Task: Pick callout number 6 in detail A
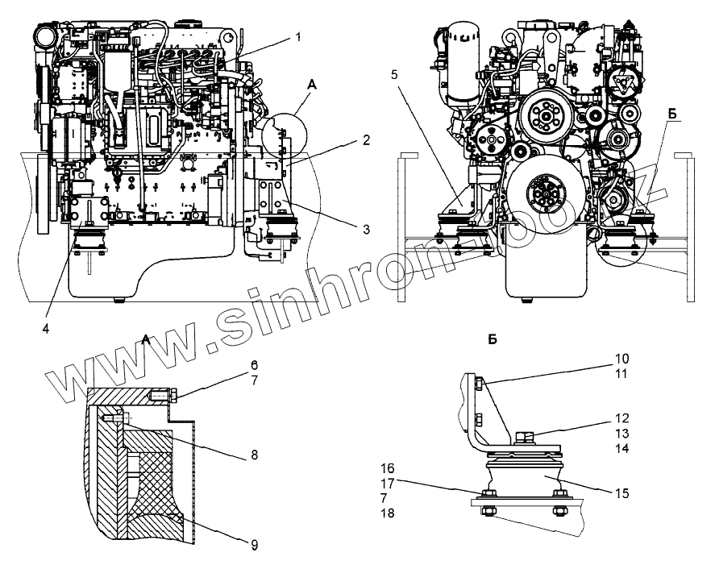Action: click(253, 366)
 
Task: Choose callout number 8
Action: click(254, 455)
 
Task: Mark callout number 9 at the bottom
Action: click(253, 545)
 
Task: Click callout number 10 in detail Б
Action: click(622, 357)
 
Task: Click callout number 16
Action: click(388, 467)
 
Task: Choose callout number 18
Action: click(388, 512)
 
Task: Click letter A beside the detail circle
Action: click(312, 83)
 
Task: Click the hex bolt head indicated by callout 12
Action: click(522, 438)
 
